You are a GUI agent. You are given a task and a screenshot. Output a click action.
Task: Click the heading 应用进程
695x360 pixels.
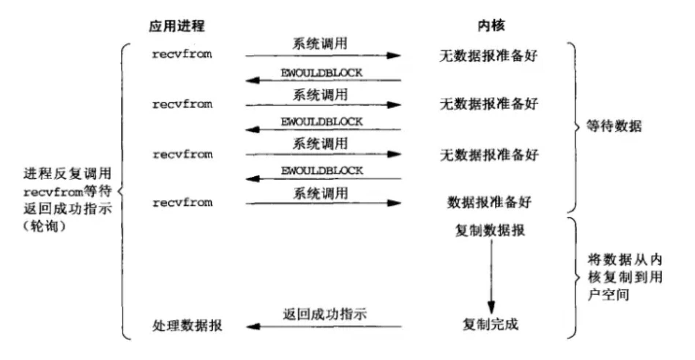click(x=176, y=26)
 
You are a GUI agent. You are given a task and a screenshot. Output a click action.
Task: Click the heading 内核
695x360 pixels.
click(x=491, y=25)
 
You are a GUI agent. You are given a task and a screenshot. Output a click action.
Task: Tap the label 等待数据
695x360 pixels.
click(x=614, y=126)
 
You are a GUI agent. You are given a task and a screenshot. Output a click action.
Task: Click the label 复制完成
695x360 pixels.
click(x=490, y=324)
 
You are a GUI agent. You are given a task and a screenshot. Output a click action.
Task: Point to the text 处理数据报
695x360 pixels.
click(x=187, y=325)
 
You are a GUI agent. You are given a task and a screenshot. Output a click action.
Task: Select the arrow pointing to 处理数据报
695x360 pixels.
click(x=324, y=326)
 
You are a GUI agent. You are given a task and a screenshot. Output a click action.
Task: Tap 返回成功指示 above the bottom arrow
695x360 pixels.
click(x=324, y=314)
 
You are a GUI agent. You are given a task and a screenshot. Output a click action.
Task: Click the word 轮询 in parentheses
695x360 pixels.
click(x=44, y=226)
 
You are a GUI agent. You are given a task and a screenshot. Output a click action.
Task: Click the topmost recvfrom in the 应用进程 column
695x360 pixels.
click(x=182, y=54)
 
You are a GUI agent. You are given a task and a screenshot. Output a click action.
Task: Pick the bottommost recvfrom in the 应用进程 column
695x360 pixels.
click(x=182, y=203)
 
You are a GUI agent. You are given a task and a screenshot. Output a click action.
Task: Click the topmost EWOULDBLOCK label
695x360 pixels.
click(x=321, y=73)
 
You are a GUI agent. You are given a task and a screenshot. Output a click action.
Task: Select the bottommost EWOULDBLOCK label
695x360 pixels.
click(x=322, y=170)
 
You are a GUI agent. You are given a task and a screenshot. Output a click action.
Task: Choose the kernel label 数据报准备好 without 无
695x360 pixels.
click(x=489, y=202)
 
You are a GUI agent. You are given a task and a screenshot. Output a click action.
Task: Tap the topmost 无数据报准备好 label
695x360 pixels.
click(x=488, y=56)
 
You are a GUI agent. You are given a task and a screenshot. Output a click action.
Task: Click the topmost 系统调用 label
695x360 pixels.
click(x=320, y=44)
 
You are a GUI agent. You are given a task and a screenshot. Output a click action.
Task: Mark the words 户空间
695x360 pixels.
click(x=608, y=295)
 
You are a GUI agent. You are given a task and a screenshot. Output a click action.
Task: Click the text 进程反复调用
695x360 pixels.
click(x=67, y=173)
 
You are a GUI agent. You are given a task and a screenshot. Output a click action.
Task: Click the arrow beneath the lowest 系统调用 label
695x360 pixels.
click(x=324, y=203)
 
